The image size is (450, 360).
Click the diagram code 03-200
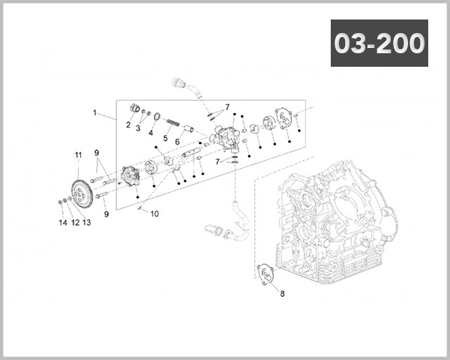[x=379, y=44]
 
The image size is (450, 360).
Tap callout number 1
[x=95, y=112]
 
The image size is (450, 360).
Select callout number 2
[x=128, y=124]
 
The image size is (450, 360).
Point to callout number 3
[x=138, y=128]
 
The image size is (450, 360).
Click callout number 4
[x=151, y=133]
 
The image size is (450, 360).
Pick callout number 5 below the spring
[x=165, y=138]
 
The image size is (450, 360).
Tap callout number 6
[x=178, y=142]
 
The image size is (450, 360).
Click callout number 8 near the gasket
[x=282, y=293]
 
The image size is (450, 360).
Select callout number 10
[x=155, y=214]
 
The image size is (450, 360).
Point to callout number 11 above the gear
[x=77, y=155]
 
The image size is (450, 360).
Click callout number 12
[x=75, y=223]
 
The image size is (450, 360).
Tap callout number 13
[x=86, y=223]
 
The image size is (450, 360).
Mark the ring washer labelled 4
[x=155, y=115]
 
